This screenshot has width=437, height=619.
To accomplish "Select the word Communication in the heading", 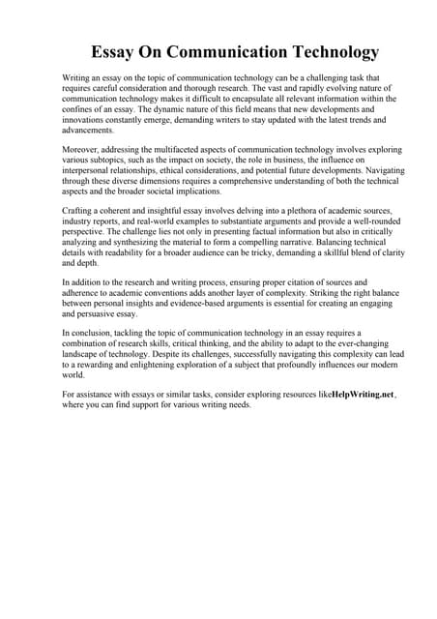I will pyautogui.click(x=222, y=52).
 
